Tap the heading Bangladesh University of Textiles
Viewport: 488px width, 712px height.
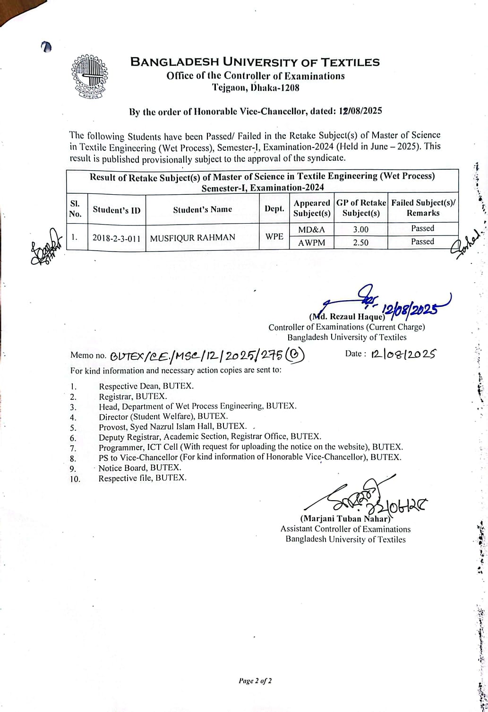pos(255,62)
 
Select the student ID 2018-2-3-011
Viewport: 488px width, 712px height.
pos(116,238)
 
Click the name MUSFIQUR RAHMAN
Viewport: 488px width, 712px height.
pos(192,237)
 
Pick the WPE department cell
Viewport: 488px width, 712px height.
pos(274,236)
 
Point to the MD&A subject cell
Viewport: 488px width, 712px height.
pos(311,230)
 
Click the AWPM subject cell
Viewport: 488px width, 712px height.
pos(311,243)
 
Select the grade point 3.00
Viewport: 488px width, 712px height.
pos(360,230)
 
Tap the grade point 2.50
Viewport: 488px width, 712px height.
pos(360,243)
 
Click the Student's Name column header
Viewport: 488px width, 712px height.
pos(202,209)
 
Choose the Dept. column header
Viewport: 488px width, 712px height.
pos(274,208)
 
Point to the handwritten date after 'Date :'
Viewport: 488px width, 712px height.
pos(403,354)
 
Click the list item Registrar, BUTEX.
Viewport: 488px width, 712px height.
pos(133,396)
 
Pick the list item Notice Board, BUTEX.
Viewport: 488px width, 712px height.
pos(139,468)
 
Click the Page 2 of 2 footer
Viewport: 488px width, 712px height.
pos(255,681)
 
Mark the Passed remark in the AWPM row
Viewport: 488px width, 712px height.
pos(422,242)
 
